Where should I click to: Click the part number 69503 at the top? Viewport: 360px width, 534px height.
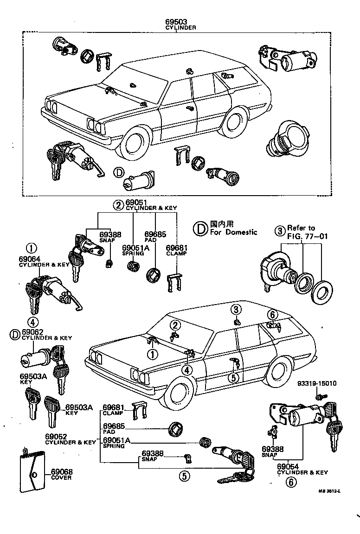180,22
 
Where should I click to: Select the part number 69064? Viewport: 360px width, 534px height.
29,259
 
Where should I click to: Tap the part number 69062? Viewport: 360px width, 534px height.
32,332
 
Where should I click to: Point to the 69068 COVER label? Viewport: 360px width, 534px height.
61,474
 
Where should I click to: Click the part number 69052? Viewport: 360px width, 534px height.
56,436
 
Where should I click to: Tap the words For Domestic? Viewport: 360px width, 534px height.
233,232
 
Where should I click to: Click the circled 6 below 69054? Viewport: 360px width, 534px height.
291,482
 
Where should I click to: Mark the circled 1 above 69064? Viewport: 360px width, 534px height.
32,248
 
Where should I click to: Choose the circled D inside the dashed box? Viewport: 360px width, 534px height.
119,173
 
